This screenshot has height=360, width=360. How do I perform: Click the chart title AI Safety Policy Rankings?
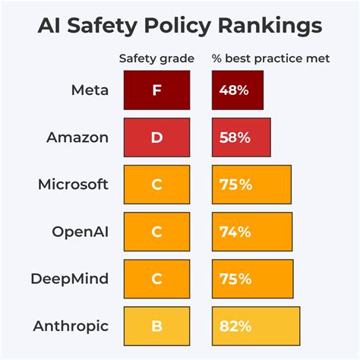coord(180,27)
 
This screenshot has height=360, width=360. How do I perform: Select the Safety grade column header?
coord(156,58)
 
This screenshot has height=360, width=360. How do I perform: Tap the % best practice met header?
coord(270,58)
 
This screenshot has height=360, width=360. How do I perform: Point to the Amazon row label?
coord(78,137)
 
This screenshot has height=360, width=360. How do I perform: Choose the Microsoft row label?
coord(72,185)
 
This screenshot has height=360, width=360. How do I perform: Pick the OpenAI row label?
coord(79,232)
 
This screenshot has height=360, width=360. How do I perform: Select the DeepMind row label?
coord(71,279)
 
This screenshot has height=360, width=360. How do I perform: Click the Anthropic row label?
coord(71,326)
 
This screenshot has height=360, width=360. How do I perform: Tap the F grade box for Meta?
coord(156,90)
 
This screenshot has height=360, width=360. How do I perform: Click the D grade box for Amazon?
coord(156,137)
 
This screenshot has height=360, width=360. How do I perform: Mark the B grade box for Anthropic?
coord(156,326)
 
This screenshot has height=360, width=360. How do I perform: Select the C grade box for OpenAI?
coord(156,232)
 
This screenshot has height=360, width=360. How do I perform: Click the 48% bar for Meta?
coord(237,90)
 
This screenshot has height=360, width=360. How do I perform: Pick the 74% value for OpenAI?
coord(235,232)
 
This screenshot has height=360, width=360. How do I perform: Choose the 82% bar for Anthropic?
coord(255,326)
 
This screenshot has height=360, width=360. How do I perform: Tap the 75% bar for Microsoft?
coord(251,185)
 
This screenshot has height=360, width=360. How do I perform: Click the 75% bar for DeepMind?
coord(251,279)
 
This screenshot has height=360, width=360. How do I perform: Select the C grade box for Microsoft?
coord(156,185)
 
